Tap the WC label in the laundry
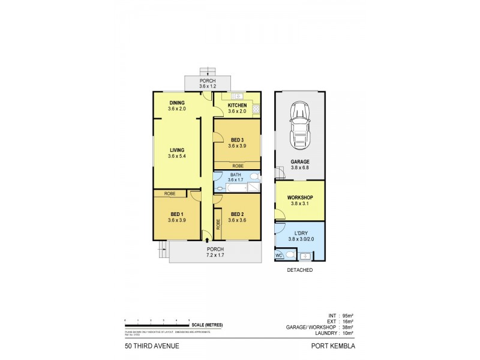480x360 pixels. pyautogui.click(x=278, y=255)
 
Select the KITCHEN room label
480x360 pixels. pyautogui.click(x=237, y=104)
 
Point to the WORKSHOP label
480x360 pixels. pyautogui.click(x=300, y=197)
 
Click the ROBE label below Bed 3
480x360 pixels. pyautogui.click(x=237, y=165)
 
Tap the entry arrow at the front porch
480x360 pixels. pyautogui.click(x=207, y=240)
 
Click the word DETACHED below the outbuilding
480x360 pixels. pyautogui.click(x=300, y=270)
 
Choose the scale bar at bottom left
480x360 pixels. pyautogui.click(x=157, y=325)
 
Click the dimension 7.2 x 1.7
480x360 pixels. pyautogui.click(x=215, y=255)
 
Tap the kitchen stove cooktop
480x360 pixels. pyautogui.click(x=256, y=109)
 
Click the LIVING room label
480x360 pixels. pyautogui.click(x=176, y=150)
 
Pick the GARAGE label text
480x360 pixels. pyautogui.click(x=300, y=161)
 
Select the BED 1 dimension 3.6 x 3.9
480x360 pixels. pyautogui.click(x=176, y=220)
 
